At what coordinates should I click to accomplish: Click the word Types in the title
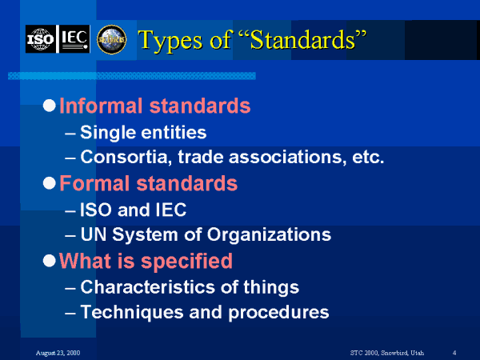pyautogui.click(x=168, y=39)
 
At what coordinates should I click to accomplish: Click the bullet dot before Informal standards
pyautogui.click(x=50, y=106)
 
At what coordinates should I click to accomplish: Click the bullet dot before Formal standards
pyautogui.click(x=50, y=184)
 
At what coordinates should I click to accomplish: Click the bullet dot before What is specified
pyautogui.click(x=50, y=262)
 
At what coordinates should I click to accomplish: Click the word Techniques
pyautogui.click(x=122, y=312)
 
